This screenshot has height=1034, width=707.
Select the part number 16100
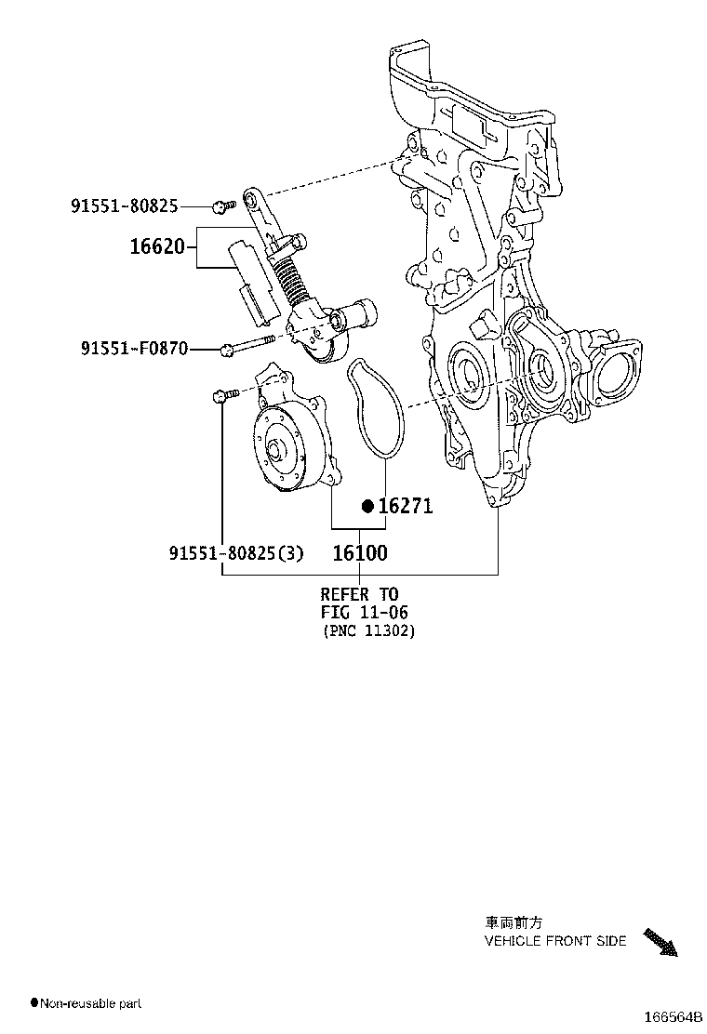[x=360, y=552]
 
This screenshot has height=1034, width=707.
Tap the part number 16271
[x=406, y=506]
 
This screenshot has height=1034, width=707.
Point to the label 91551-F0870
[x=134, y=349]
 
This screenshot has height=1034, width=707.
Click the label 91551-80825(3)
[x=236, y=553]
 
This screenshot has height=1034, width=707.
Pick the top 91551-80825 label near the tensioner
[x=124, y=205]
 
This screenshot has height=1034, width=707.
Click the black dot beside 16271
[x=367, y=506]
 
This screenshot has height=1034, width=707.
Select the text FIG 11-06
[x=365, y=613]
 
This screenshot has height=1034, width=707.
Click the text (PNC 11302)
[x=369, y=631]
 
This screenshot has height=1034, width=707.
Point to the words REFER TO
[x=359, y=594]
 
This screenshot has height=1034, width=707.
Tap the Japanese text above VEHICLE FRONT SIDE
[x=512, y=923]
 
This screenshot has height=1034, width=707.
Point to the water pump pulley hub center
[x=275, y=453]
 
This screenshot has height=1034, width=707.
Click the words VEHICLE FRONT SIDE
[x=555, y=941]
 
